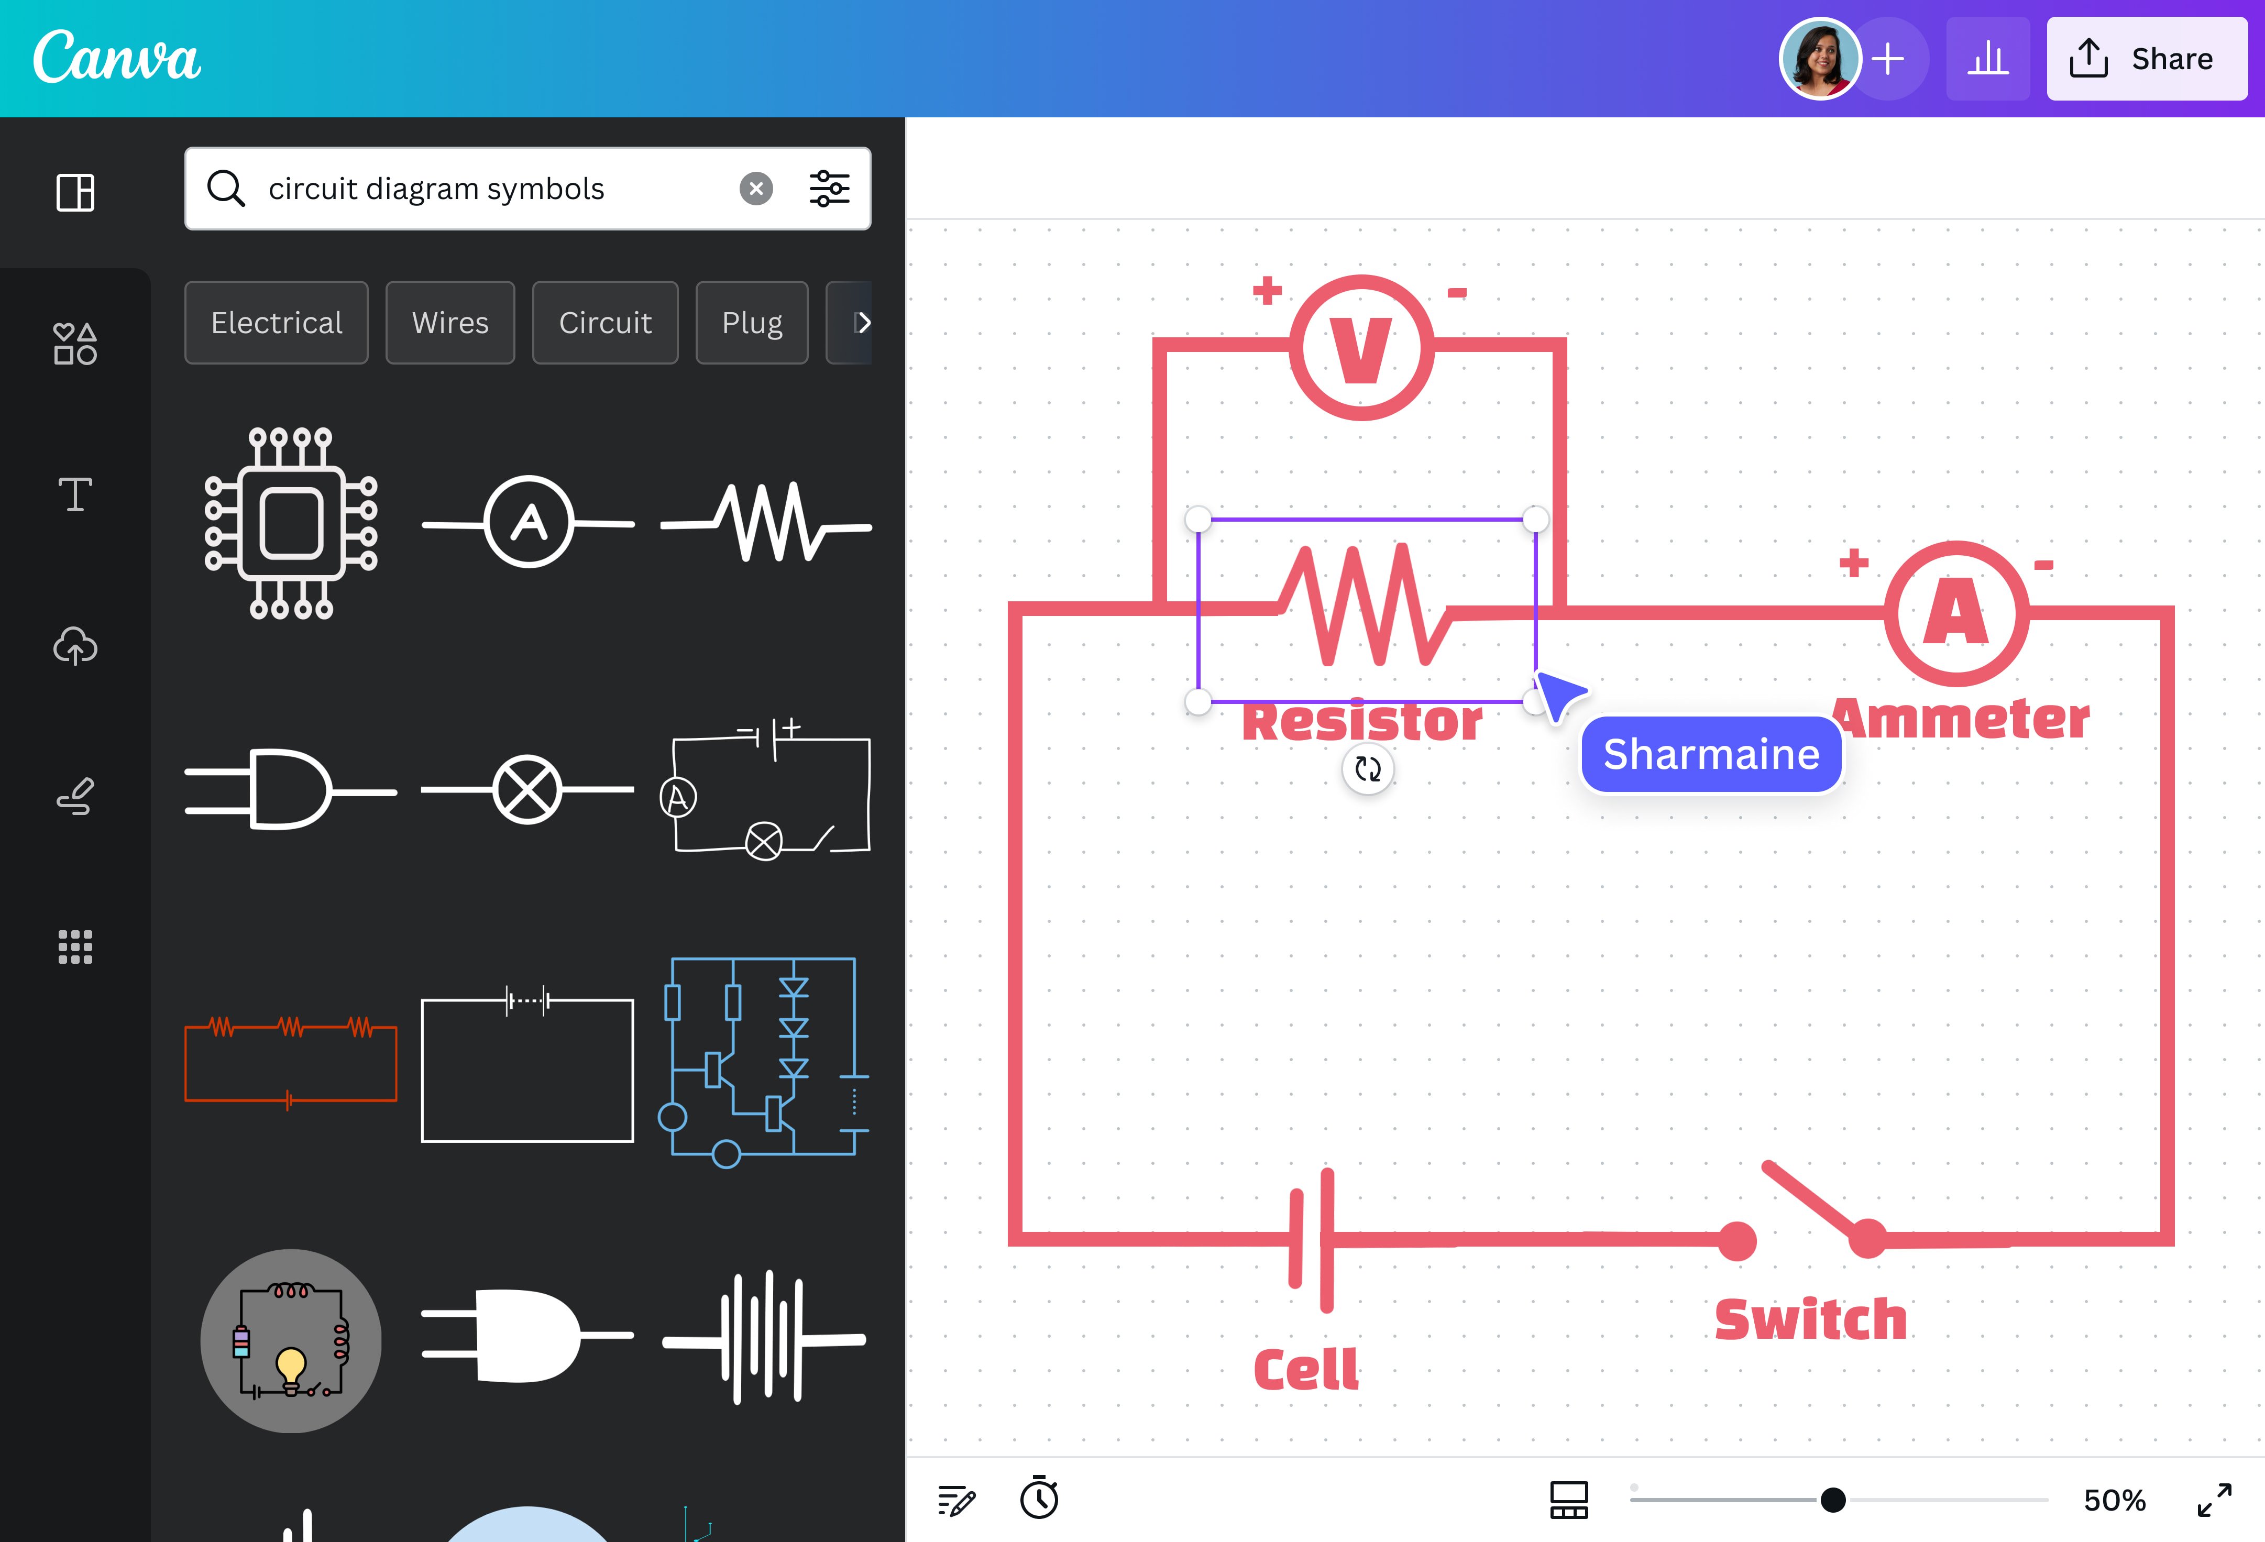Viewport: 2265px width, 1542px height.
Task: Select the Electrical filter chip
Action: coord(277,323)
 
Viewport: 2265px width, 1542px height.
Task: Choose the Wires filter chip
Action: coord(450,323)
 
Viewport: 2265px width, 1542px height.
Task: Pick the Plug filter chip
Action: coord(752,323)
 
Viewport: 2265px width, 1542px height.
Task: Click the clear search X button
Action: coord(755,188)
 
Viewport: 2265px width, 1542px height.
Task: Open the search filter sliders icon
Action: coord(829,188)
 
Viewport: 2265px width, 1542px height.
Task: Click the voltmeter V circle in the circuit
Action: coord(1361,348)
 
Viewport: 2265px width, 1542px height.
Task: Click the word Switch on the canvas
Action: coord(1810,1320)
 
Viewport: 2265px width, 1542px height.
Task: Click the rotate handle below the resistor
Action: coord(1367,769)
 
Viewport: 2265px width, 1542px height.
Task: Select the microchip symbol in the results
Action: coord(290,523)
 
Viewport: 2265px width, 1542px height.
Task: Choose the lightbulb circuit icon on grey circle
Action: coord(290,1340)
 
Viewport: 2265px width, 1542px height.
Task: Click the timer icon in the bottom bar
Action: coord(1039,1498)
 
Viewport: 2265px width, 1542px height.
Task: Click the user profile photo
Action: coord(1819,59)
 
